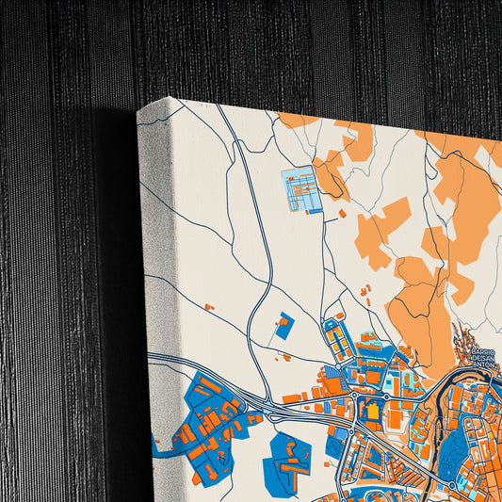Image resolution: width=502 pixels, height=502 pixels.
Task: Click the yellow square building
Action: click(373, 411)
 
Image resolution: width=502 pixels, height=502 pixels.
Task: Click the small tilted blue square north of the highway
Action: click(283, 327)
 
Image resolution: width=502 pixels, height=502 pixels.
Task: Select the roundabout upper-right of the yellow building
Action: click(387, 397)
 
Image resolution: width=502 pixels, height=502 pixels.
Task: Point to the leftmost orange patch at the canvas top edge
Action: click(299, 120)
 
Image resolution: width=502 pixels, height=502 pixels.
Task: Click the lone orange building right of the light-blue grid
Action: click(342, 215)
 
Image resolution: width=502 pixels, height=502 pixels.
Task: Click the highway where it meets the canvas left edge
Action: click(152, 356)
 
